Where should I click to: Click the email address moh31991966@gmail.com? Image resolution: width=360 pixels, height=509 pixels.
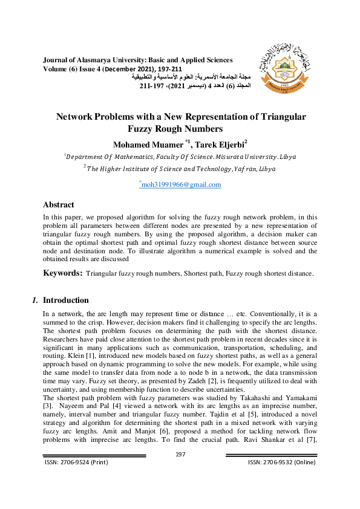point(180,184)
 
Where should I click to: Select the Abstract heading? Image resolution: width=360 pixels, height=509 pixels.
point(59,205)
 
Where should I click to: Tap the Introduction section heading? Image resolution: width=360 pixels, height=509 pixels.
point(66,300)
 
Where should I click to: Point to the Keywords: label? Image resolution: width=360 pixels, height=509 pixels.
point(62,273)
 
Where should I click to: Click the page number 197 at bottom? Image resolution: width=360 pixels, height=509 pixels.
point(180,454)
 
